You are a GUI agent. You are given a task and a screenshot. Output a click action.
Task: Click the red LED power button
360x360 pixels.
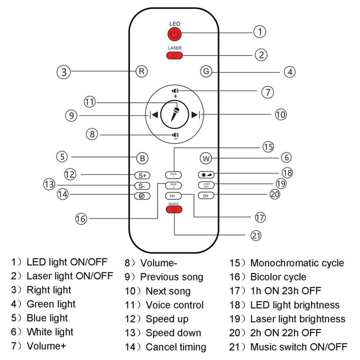coord(174,33)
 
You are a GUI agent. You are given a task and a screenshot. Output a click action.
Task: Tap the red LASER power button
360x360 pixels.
coord(174,55)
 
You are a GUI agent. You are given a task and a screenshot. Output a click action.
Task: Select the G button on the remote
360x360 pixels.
coord(206,71)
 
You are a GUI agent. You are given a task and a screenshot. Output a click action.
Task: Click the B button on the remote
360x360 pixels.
coord(142,159)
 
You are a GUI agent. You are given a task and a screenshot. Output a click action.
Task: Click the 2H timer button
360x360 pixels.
coord(206,196)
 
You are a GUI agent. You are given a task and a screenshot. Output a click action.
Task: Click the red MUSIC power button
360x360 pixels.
coord(174,209)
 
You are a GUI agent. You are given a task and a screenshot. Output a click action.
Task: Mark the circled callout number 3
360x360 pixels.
coord(64,72)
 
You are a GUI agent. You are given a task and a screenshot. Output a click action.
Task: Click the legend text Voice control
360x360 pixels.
coord(175,305)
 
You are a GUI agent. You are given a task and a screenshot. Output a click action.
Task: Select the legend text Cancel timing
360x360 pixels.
coord(176,347)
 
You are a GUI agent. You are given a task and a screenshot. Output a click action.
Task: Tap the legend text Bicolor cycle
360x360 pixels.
coord(278,277)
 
